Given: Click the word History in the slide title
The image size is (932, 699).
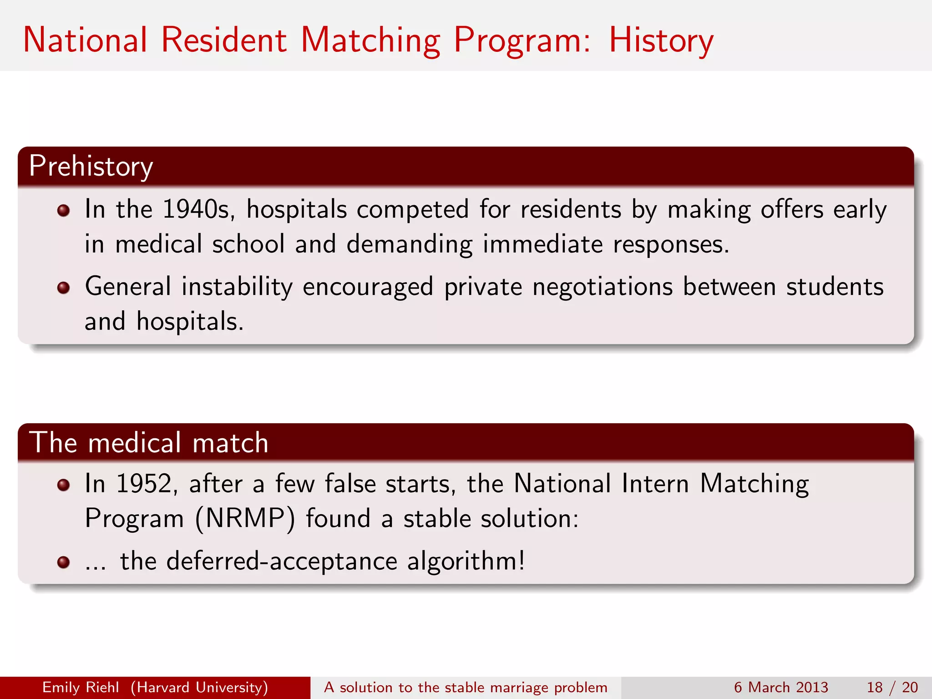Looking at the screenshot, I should [661, 41].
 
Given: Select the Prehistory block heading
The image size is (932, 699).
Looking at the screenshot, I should [91, 167].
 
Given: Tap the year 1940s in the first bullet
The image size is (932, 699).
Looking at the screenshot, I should [198, 210].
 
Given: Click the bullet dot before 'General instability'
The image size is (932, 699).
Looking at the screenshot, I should [63, 288].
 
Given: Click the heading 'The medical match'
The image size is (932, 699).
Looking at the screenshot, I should [149, 443].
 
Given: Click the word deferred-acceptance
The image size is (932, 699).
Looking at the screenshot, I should [282, 561].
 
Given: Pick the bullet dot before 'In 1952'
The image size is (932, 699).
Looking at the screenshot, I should [63, 485].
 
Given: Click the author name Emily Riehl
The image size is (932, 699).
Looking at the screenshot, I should [81, 688].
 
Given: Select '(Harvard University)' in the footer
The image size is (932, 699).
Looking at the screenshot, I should [199, 688].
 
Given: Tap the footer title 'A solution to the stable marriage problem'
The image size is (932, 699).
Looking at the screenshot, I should [466, 688].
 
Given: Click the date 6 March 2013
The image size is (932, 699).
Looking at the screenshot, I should [781, 688].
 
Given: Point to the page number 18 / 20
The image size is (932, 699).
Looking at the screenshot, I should [892, 688].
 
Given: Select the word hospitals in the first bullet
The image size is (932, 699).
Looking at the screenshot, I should [297, 210].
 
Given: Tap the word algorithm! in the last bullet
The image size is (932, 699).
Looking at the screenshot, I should [466, 561].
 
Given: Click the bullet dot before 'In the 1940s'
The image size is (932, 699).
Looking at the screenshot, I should [63, 210].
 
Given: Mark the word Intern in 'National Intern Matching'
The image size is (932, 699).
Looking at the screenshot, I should [655, 484].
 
